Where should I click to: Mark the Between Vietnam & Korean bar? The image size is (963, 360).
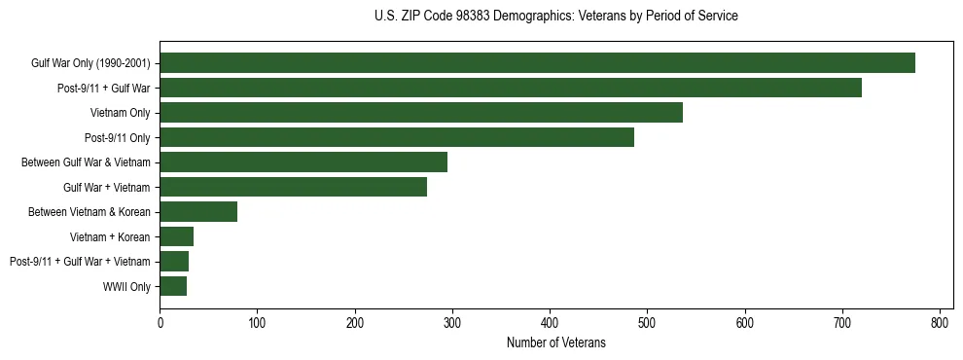click(198, 212)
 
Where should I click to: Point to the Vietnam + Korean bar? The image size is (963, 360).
click(176, 236)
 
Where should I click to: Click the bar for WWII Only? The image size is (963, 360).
click(173, 286)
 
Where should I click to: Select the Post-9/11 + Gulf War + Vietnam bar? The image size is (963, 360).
click(174, 262)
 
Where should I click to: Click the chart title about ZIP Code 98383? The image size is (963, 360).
click(555, 17)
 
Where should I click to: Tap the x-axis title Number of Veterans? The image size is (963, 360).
click(555, 342)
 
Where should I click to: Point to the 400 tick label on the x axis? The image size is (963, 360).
click(550, 323)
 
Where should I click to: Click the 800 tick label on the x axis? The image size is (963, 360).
click(940, 323)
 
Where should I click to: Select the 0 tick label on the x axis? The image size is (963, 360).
click(160, 323)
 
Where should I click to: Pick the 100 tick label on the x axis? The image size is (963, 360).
click(257, 323)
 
